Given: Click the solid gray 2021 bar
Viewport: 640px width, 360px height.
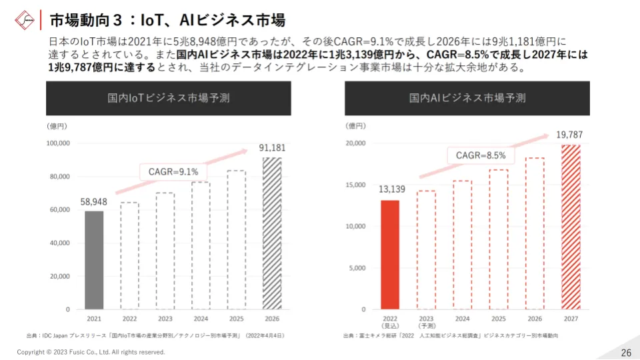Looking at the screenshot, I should click(94, 260).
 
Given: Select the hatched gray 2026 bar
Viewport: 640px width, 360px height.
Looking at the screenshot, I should click(271, 233).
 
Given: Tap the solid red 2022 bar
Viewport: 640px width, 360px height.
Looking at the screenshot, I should click(390, 255).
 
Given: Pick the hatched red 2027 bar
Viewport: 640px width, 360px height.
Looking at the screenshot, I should click(571, 227).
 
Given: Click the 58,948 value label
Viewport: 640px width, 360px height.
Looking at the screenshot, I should click(94, 201).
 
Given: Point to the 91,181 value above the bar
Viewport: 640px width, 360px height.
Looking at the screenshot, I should click(272, 148).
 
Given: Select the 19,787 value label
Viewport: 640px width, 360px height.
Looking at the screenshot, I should click(569, 135).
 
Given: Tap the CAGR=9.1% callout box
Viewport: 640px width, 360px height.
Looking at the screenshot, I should click(173, 171).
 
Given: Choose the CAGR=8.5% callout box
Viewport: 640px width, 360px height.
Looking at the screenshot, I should click(481, 155).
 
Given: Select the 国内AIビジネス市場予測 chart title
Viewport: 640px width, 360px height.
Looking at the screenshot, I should click(467, 98).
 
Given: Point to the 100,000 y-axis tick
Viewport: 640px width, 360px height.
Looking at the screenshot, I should click(58, 143).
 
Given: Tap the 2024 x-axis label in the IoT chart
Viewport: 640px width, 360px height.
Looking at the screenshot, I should click(201, 319).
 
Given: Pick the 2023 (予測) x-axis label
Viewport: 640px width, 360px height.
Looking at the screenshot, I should click(426, 323).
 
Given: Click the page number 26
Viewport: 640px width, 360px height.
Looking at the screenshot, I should click(625, 352).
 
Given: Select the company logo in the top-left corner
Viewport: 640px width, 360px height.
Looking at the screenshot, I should click(25, 19).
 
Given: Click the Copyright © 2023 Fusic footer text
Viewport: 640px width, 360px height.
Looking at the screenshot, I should click(91, 352).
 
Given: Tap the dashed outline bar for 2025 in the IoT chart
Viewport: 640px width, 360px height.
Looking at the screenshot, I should click(236, 240).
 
